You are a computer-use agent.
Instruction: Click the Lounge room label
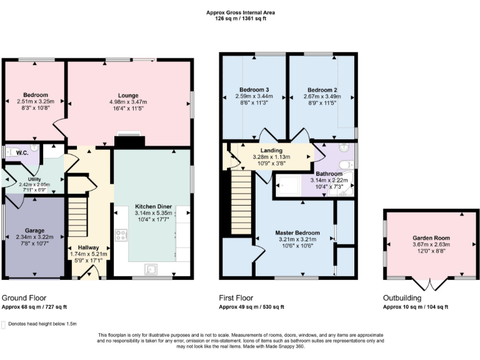[x=127, y=95]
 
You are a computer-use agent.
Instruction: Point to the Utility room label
[x=34, y=179]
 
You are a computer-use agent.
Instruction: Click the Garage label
[x=34, y=231]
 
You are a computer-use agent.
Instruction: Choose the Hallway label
[x=88, y=247]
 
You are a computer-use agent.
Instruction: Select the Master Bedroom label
[x=297, y=232]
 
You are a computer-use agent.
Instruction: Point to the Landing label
[x=271, y=151]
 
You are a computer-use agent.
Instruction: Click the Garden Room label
[x=431, y=238]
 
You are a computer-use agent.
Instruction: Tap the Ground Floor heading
[x=24, y=298]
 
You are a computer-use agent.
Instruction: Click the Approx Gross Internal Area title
[x=240, y=12]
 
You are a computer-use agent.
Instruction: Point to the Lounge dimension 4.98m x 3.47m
[x=127, y=102]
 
